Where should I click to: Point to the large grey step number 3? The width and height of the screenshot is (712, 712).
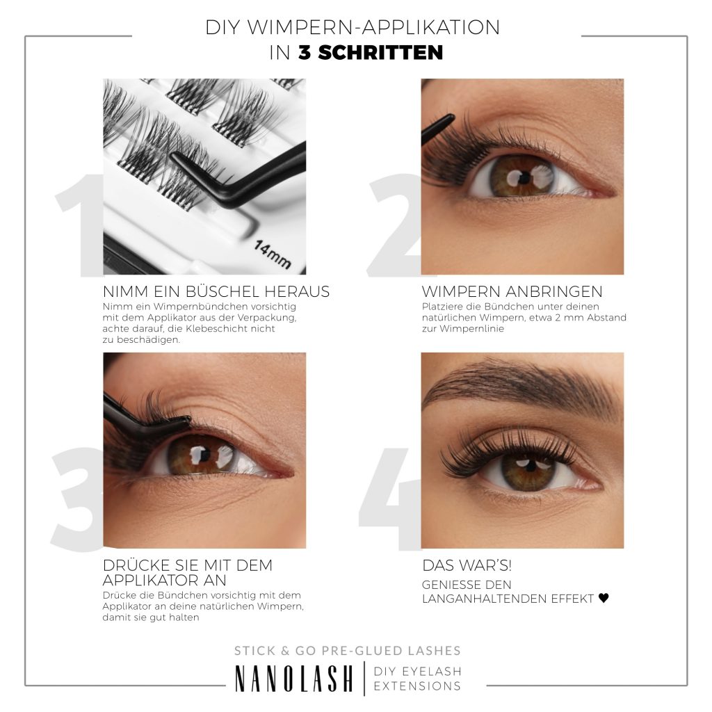pos(76,497)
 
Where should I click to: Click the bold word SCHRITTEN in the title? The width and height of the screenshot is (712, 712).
pos(371,53)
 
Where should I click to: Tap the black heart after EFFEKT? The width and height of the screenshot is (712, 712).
pos(604,598)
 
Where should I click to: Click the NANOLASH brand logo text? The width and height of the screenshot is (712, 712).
pos(293,679)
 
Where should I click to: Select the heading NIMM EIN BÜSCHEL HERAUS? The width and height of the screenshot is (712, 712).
pos(216,292)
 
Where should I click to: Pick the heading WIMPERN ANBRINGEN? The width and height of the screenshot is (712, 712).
pos(512,292)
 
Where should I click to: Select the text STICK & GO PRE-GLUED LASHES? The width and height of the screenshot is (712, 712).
pos(348,651)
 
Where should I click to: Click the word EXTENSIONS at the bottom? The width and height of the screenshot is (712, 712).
pos(417,686)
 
